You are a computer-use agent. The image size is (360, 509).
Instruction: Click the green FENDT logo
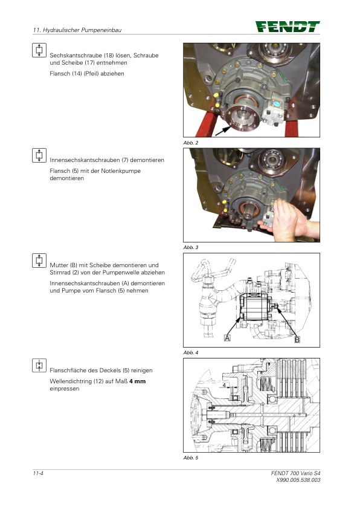tap(288, 27)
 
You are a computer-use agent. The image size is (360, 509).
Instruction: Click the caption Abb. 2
tap(191, 143)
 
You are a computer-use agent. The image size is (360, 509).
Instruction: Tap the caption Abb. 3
tap(191, 247)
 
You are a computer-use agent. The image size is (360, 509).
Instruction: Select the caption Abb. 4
tap(191, 352)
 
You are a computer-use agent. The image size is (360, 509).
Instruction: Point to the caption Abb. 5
tap(191, 458)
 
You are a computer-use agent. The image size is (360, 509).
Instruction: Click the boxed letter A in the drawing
tap(227, 338)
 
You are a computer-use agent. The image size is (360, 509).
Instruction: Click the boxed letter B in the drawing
tap(297, 340)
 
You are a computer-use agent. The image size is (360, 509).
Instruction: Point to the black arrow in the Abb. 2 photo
tap(223, 131)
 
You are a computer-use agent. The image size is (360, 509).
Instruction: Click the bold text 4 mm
tap(138, 381)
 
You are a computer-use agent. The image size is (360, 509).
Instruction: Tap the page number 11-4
tap(38, 473)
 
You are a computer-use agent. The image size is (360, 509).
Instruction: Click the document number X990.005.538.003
tap(298, 480)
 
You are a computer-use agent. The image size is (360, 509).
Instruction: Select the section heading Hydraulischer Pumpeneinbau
tap(82, 30)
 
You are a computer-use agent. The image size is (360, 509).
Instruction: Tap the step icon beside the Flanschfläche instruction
tap(39, 365)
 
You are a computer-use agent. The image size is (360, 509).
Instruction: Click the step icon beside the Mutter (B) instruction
tap(39, 261)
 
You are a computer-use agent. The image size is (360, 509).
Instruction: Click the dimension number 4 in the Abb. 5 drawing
tap(224, 385)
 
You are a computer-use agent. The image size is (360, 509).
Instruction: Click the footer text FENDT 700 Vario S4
tap(295, 473)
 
